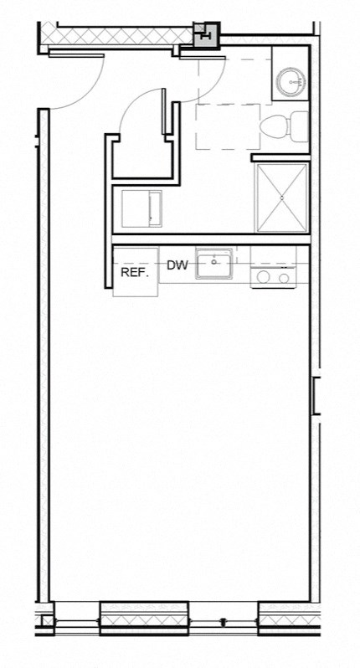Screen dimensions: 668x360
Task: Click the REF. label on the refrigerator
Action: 134,273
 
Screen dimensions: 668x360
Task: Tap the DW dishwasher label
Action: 177,266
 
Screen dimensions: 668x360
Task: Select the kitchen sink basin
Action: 215,265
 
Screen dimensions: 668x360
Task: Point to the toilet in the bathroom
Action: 275,127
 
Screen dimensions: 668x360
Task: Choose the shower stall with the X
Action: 282,198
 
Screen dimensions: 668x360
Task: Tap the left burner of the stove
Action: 263,277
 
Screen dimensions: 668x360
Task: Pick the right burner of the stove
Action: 284,277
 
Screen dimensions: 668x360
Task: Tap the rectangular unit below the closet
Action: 141,208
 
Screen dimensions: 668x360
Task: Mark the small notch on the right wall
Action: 316,395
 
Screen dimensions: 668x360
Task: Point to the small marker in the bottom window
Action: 224,622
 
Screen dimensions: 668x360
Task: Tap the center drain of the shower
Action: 282,198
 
